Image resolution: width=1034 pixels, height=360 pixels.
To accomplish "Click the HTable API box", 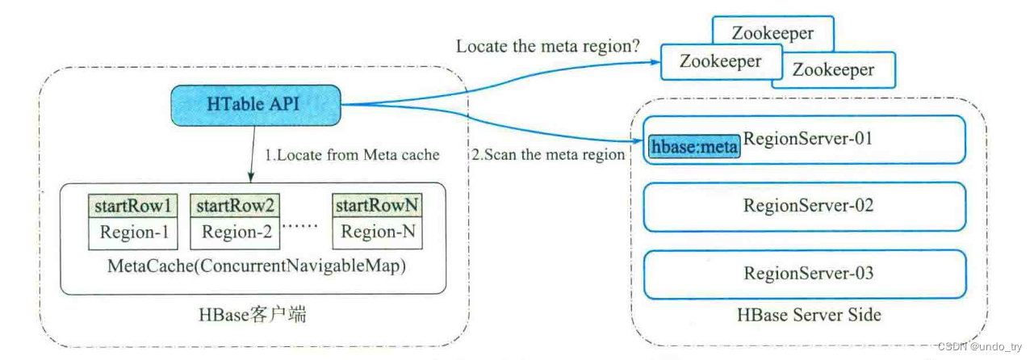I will [255, 103].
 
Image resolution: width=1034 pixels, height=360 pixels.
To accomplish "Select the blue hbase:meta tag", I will [694, 148].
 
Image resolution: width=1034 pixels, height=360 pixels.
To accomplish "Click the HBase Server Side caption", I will [809, 314].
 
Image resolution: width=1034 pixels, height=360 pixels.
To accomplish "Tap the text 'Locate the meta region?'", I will [548, 46].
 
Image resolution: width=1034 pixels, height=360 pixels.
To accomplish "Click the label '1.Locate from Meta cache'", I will [353, 154].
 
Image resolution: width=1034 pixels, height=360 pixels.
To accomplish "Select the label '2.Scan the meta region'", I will [548, 154].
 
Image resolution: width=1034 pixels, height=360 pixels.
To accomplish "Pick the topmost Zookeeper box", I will [772, 33].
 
